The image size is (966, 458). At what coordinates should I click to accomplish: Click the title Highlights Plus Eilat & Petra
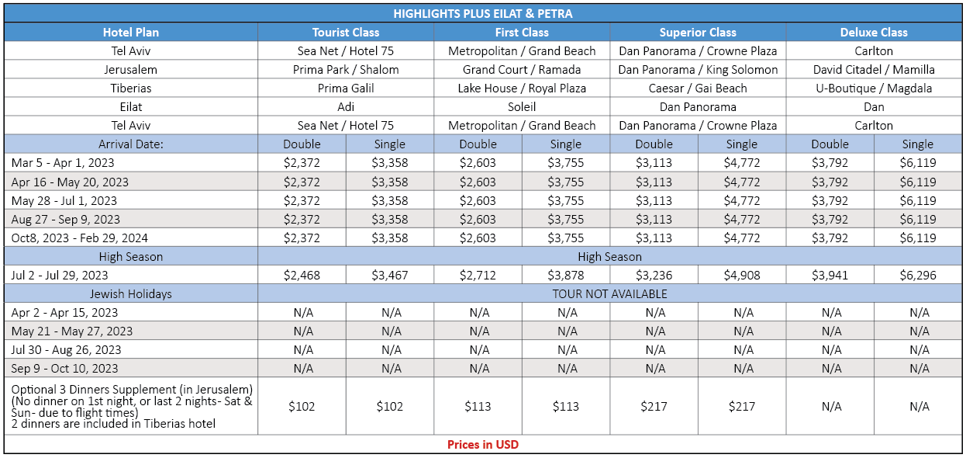click(x=482, y=13)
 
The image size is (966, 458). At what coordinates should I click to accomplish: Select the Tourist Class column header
click(x=346, y=33)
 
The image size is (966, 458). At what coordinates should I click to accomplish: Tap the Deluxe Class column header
click(x=874, y=33)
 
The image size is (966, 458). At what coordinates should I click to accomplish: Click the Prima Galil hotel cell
click(x=346, y=88)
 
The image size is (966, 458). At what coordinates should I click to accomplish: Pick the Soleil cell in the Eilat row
click(x=522, y=106)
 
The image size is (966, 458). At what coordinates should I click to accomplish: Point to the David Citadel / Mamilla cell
click(x=874, y=70)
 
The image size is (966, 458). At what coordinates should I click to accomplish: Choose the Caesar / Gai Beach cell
click(x=697, y=88)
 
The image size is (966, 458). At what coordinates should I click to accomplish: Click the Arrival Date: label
click(x=131, y=144)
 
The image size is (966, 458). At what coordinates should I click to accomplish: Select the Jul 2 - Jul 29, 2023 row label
click(x=60, y=276)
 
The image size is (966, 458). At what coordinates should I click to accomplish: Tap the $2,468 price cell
click(x=302, y=276)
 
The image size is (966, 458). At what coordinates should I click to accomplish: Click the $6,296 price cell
click(x=918, y=276)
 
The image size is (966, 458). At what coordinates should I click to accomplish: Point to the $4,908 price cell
click(x=741, y=276)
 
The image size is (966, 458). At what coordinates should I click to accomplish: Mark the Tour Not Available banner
click(x=609, y=294)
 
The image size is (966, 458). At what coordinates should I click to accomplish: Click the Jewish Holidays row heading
click(x=131, y=294)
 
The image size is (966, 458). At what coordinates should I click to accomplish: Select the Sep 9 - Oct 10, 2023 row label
click(x=64, y=369)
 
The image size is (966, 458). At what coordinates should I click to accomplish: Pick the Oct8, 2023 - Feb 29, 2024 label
click(x=79, y=238)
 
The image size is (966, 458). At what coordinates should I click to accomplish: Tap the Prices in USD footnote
click(x=482, y=445)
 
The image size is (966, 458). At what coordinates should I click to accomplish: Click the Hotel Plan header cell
click(x=131, y=33)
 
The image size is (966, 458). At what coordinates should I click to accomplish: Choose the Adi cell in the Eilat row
click(x=346, y=106)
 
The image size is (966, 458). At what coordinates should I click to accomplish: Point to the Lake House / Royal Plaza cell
click(x=522, y=88)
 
